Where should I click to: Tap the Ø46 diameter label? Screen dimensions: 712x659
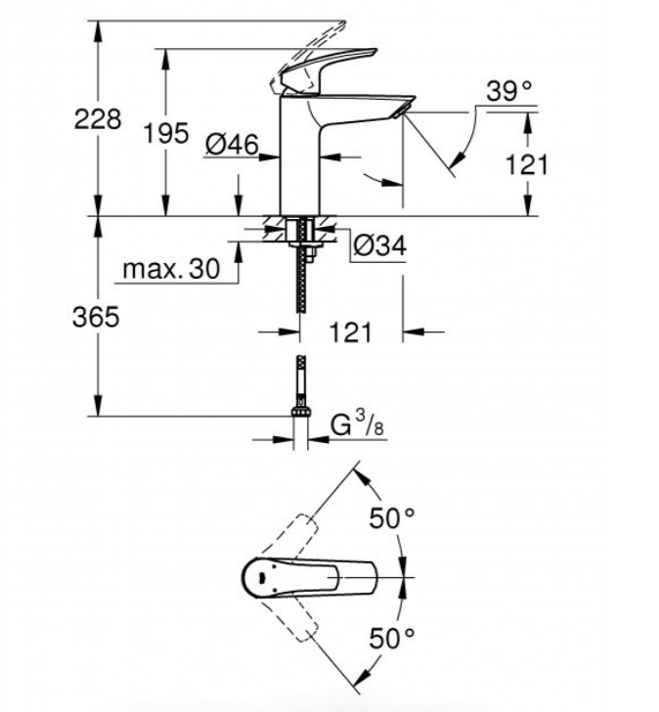click(x=232, y=145)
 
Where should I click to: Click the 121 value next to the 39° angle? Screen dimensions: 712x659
click(x=528, y=164)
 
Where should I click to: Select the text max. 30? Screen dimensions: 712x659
click(x=171, y=270)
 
